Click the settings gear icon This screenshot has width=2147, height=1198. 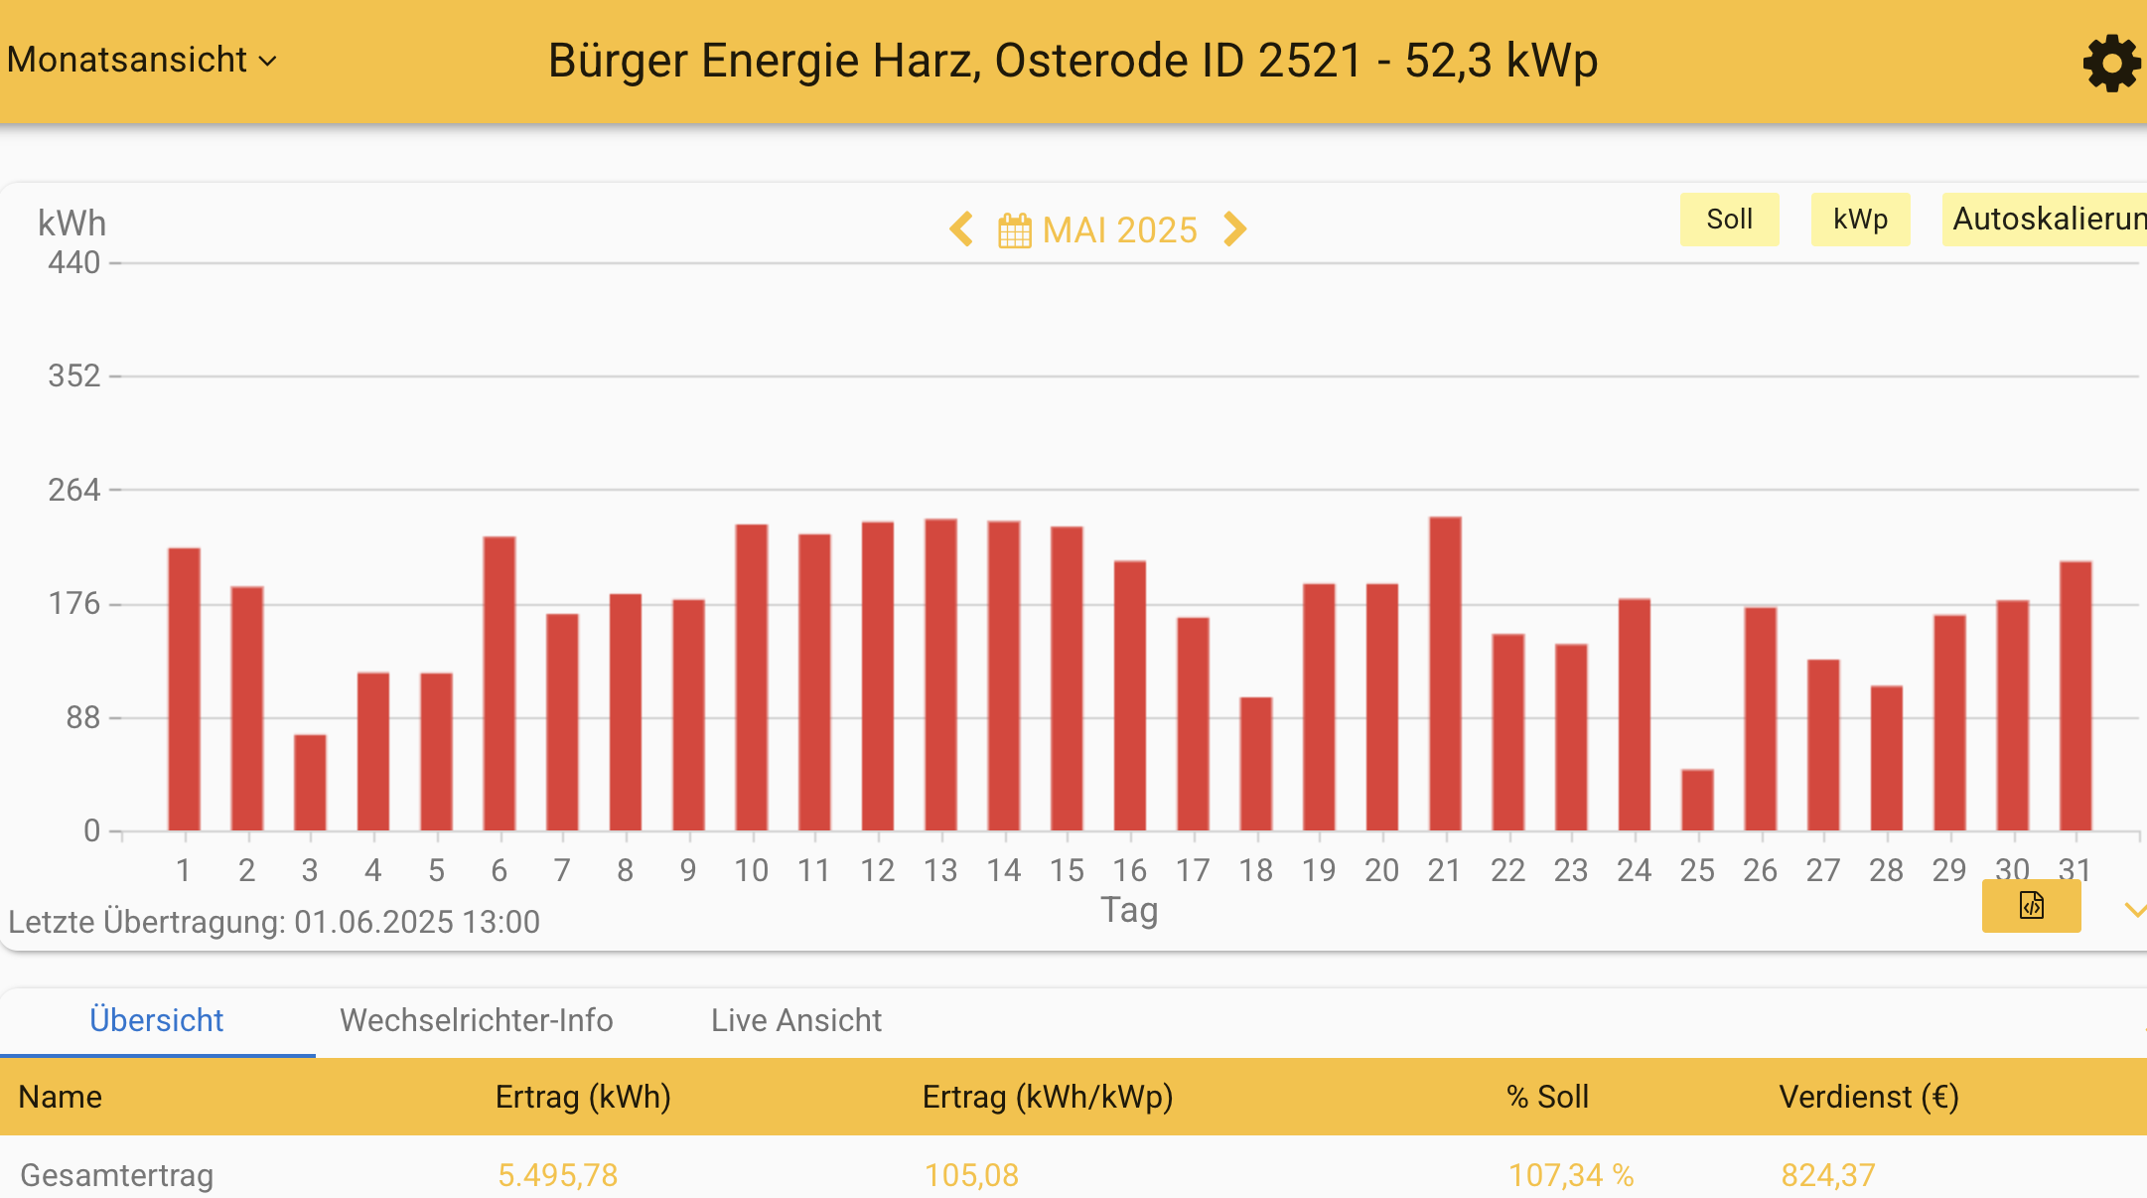pos(2110,64)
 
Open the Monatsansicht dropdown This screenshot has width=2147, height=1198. pos(142,61)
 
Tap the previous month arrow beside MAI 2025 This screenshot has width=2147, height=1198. pos(960,229)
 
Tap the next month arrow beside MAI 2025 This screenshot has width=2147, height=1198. pos(1234,229)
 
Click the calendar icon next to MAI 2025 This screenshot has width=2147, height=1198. pos(1014,230)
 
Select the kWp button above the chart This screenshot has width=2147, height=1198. pos(1859,220)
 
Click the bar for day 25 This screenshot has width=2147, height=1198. pos(1697,800)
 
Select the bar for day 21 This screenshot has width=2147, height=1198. pos(1445,674)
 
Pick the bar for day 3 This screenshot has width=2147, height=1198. pos(310,783)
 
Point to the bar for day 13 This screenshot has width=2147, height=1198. pos(940,674)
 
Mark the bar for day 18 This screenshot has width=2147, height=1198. pos(1255,764)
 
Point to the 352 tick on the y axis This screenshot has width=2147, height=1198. pos(74,376)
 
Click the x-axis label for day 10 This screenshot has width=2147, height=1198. pos(751,871)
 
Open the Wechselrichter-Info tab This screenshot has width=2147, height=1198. pos(476,1020)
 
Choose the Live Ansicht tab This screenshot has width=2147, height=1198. pos(795,1020)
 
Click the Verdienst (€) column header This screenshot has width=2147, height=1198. pos(1868,1097)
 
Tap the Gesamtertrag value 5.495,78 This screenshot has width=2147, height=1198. pos(557,1175)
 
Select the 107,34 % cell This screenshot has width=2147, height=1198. pos(1570,1175)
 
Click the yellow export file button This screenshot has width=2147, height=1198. pos(2031,906)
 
